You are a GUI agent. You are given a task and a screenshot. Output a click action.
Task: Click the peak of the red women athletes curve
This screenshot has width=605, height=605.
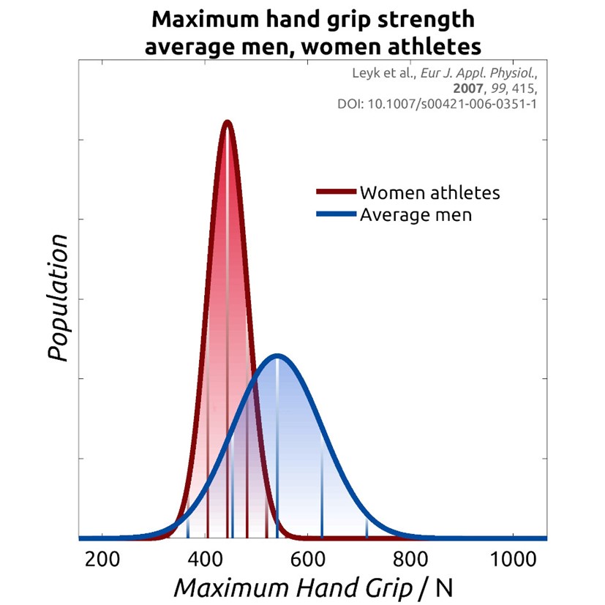pos(227,123)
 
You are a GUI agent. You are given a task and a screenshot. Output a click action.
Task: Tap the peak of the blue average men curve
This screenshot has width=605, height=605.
pos(277,356)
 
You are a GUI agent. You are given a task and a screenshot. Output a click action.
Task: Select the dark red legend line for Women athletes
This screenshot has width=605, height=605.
pos(337,193)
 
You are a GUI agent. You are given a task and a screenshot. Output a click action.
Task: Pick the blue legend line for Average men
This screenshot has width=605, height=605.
pos(337,215)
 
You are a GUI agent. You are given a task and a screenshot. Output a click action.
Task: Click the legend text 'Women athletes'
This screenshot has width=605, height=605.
pos(429,193)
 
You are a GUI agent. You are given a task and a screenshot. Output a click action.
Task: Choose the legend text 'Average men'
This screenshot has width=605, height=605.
pos(416,215)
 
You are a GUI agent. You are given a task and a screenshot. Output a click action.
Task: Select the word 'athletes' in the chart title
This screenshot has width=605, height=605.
pos(432,46)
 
